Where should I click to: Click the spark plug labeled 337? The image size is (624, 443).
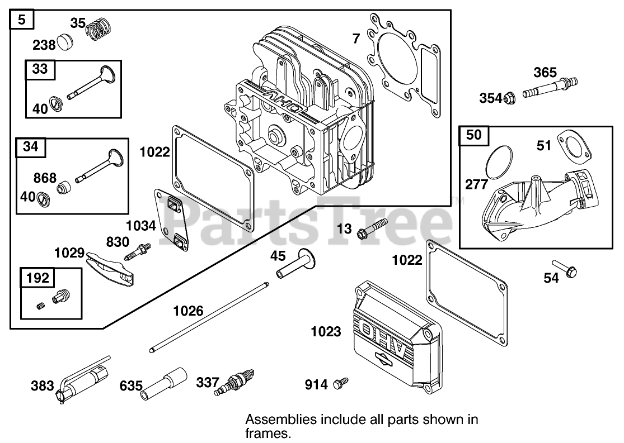235,382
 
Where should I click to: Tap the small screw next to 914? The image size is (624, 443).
339,383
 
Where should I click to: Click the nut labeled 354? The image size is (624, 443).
509,98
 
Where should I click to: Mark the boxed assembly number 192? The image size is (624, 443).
37,278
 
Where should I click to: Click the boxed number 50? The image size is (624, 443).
473,135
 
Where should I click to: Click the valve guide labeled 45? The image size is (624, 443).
294,265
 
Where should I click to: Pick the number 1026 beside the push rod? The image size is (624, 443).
188,311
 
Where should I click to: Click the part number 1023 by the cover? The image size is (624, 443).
326,332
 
